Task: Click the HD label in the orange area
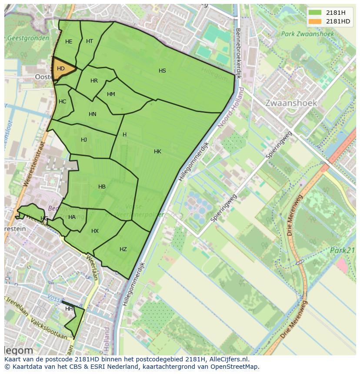(x=61, y=69)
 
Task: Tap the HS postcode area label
(x=162, y=71)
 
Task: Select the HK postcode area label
(x=157, y=152)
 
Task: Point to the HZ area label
(x=123, y=249)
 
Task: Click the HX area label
(x=95, y=231)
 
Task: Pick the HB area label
(x=102, y=187)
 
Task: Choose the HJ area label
(x=84, y=140)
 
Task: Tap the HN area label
(x=92, y=114)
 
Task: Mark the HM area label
(x=111, y=94)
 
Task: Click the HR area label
(x=94, y=81)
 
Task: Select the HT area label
(x=90, y=41)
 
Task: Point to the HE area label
(x=69, y=42)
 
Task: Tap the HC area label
(x=62, y=102)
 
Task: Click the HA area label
(x=72, y=217)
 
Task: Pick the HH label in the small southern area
(x=69, y=309)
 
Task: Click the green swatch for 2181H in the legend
(x=315, y=13)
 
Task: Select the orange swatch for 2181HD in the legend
(x=315, y=21)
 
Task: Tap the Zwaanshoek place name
(x=291, y=103)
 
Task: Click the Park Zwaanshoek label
(x=307, y=34)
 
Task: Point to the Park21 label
(x=342, y=251)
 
